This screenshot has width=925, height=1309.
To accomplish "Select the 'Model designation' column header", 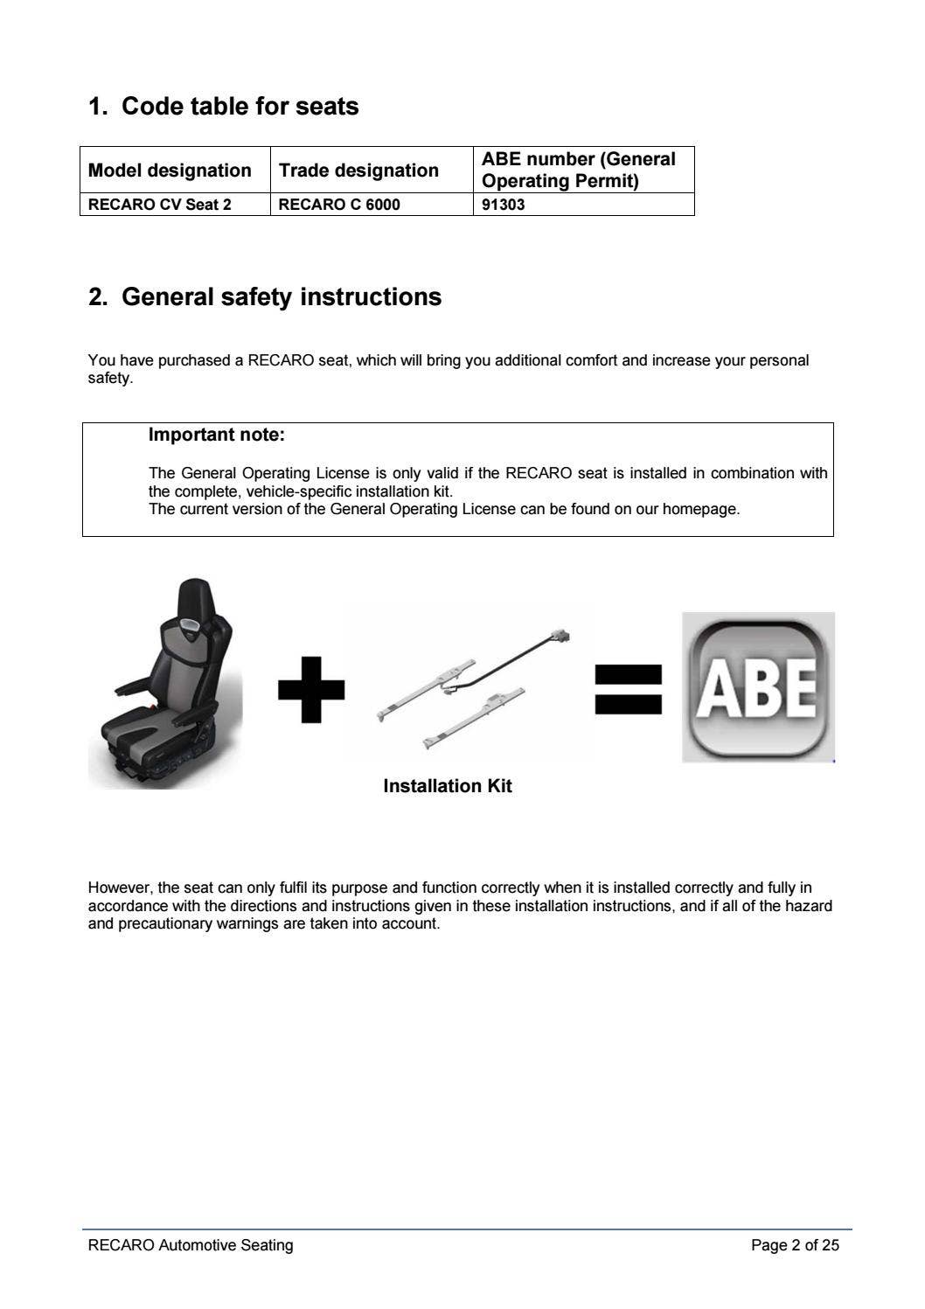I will coord(170,171).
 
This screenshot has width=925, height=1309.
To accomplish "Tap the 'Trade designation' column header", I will coord(358,171).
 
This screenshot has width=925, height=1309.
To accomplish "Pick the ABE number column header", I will coord(579,170).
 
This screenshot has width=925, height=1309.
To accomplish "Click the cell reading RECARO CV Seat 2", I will coord(160,205).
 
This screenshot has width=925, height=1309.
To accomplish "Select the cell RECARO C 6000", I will coord(338,205).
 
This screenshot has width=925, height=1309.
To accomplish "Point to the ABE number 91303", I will coord(504,205).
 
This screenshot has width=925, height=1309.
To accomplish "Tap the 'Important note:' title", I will coord(217,435).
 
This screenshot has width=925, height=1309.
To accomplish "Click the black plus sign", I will coord(311,690).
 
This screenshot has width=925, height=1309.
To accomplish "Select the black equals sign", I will coord(628,689).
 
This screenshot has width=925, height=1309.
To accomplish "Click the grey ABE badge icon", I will coord(758,687).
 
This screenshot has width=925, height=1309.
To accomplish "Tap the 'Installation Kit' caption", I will coord(448,786).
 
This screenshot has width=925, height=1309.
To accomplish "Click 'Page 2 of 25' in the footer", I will coord(795,1245).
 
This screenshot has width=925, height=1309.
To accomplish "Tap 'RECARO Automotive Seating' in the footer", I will coord(191,1245).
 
